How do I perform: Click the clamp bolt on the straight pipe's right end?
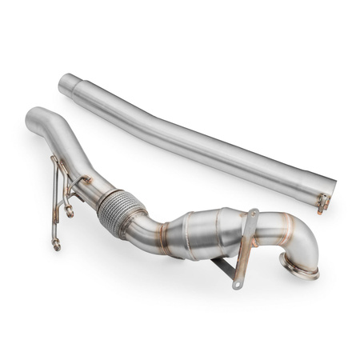322,202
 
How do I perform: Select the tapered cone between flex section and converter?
160,226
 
